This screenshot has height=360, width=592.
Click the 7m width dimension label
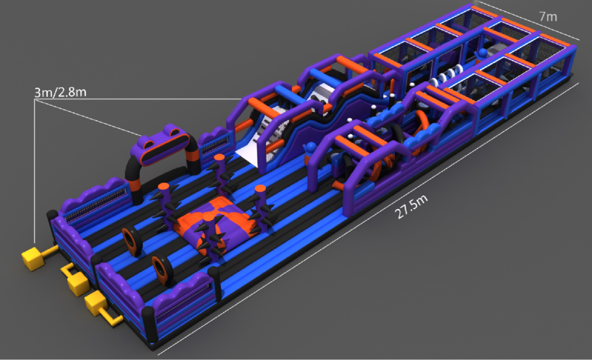coord(548,17)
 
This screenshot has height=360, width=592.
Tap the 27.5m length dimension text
coord(411,207)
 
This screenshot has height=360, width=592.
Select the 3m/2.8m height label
coord(60,92)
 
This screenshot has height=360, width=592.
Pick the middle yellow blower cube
coord(78,283)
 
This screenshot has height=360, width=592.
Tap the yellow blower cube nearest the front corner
coord(96,304)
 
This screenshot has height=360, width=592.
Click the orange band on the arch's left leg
coord(134,184)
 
